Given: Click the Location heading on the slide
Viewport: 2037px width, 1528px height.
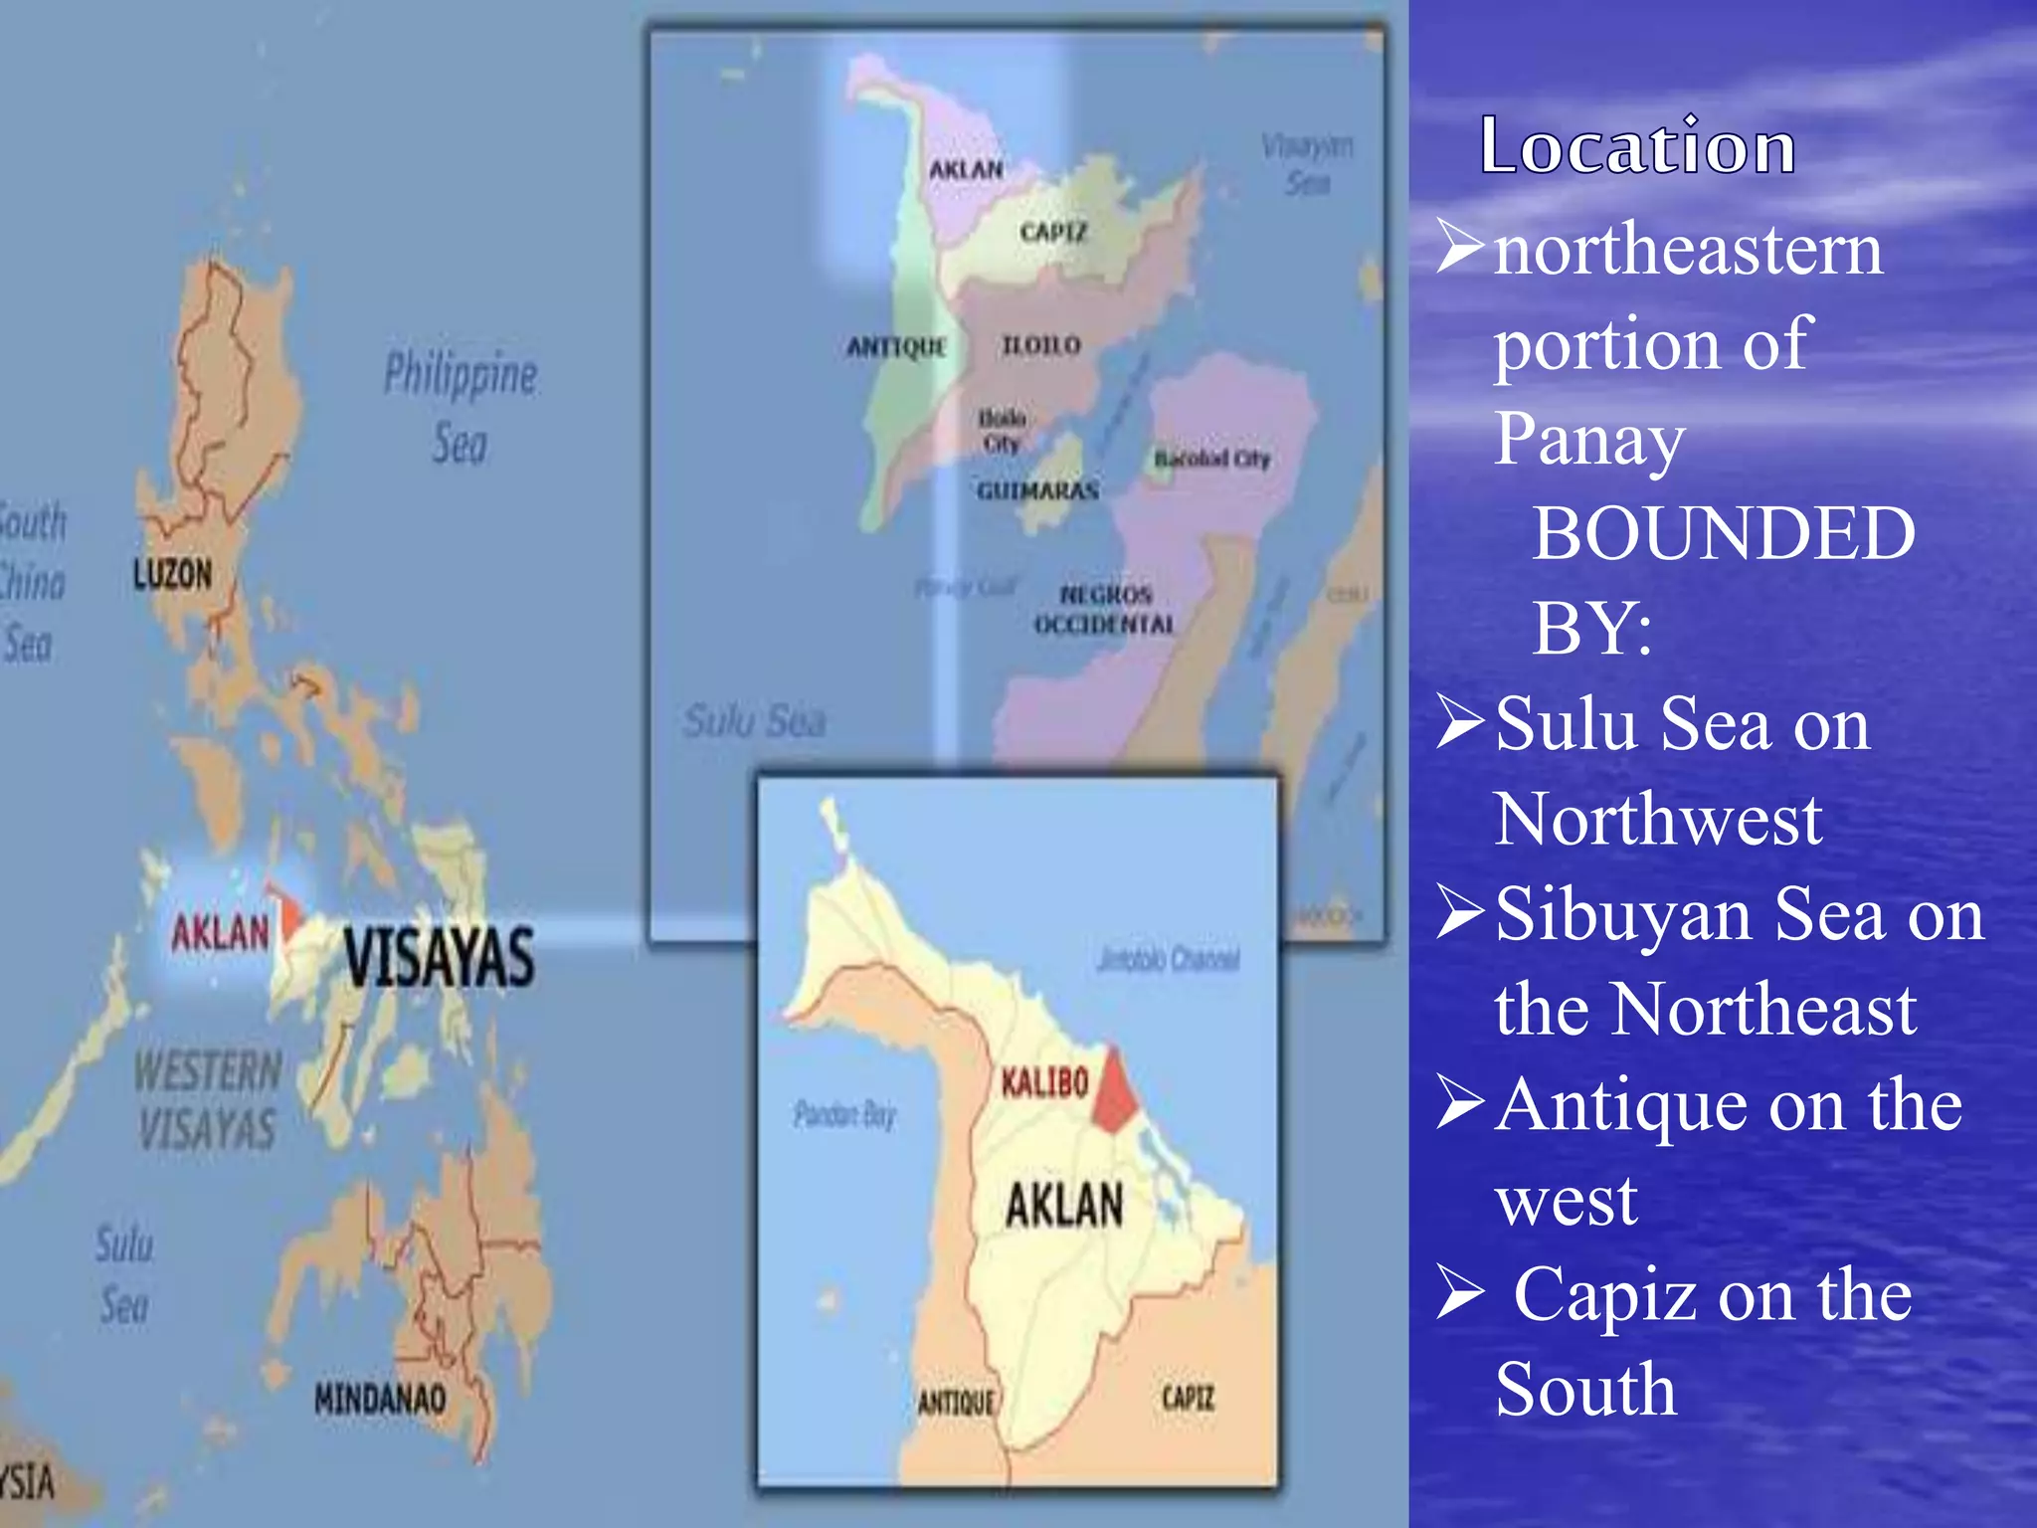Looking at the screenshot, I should pos(1637,146).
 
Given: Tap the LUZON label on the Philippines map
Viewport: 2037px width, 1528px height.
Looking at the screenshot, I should pos(173,574).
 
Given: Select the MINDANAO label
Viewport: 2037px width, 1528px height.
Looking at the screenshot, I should pos(379,1399).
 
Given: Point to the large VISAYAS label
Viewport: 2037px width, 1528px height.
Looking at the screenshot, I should pos(439,956).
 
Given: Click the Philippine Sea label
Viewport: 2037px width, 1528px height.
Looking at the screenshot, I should pos(461,408).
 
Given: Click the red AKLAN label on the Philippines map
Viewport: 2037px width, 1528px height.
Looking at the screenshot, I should pos(220,933).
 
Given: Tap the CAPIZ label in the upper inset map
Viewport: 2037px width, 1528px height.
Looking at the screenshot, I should pos(1053,233).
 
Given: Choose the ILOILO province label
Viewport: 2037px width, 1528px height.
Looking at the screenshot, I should pos(1041,345).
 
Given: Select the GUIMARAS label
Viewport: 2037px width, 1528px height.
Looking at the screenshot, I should pos(1037,491).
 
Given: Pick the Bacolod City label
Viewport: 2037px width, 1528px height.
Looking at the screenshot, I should pos(1211,459).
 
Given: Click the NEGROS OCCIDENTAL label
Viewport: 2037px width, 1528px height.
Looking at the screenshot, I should pos(1105,610).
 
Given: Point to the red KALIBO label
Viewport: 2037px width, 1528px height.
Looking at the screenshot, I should pos(1044,1082).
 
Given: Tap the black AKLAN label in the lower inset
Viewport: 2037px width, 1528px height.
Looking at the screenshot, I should pos(1064,1205).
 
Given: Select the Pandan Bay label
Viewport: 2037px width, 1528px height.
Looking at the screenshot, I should pos(844,1114).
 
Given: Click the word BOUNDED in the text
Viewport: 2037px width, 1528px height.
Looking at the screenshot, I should pos(1723,533).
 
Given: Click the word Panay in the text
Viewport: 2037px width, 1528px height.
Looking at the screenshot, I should pos(1589,439).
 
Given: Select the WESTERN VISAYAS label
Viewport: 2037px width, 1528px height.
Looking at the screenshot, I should pos(208,1099).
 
